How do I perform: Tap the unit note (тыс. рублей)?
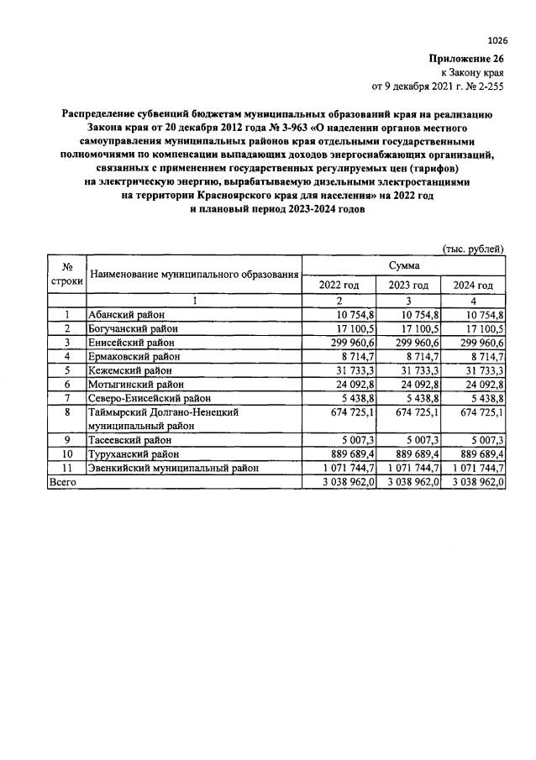coord(473,248)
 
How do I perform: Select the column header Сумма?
coord(403,265)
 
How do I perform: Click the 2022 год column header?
coord(339,286)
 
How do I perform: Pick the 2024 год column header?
coord(474,286)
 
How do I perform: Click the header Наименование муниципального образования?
coord(194,275)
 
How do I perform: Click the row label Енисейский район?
coord(131,342)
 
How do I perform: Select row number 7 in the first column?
coord(66,397)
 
